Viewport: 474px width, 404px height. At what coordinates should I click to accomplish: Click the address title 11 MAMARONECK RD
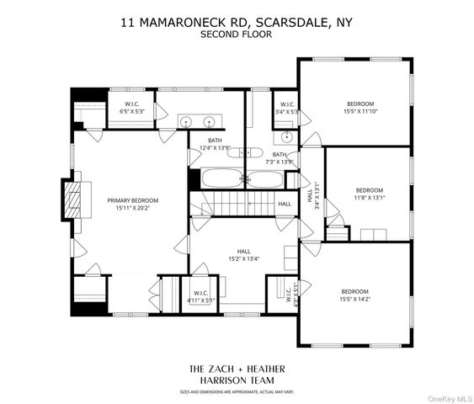click(x=236, y=23)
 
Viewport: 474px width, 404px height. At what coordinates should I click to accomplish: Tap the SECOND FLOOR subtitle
click(x=236, y=35)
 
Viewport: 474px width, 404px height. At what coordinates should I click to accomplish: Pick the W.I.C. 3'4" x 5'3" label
click(x=287, y=108)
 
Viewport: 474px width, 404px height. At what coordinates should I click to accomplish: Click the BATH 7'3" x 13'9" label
click(x=280, y=158)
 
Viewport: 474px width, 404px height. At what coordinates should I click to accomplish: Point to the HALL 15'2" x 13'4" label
click(x=244, y=255)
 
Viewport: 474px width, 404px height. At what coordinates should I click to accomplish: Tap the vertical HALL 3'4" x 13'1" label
click(x=313, y=199)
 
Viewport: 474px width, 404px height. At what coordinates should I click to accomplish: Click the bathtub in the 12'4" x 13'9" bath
click(x=221, y=178)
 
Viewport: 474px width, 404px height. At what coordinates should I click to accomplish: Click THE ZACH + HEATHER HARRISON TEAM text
click(x=236, y=375)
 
